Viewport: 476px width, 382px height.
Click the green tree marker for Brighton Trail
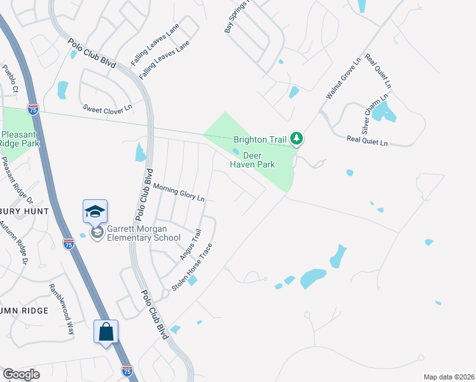pyautogui.click(x=296, y=138)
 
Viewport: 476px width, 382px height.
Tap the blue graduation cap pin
pyautogui.click(x=95, y=211)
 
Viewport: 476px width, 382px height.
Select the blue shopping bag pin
pyautogui.click(x=106, y=332)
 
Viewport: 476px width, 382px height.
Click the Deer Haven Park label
pyautogui.click(x=252, y=159)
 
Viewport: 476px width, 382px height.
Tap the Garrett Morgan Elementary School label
pyautogui.click(x=143, y=234)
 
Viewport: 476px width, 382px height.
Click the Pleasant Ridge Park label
pyautogui.click(x=20, y=139)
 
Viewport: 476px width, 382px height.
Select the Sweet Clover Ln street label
pyautogui.click(x=107, y=108)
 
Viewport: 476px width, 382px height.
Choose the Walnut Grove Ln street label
pyautogui.click(x=343, y=76)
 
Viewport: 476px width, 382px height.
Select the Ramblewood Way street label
pyautogui.click(x=62, y=309)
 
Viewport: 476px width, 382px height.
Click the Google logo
pyautogui.click(x=21, y=374)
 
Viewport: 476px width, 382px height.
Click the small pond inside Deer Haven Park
pyautogui.click(x=236, y=152)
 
